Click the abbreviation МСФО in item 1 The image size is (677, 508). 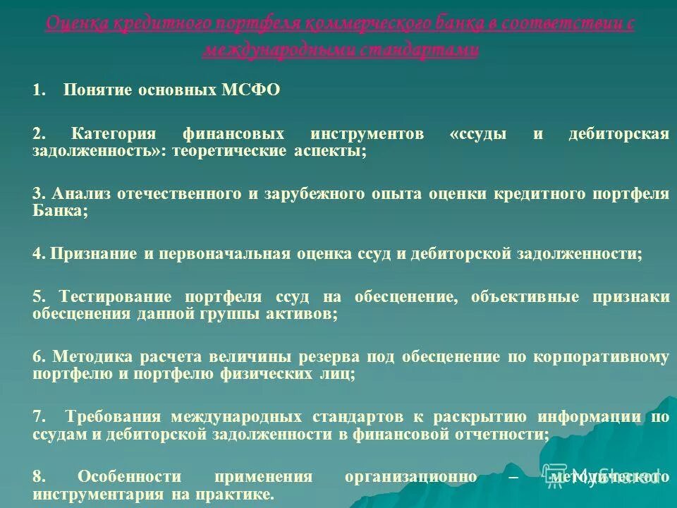pyautogui.click(x=251, y=91)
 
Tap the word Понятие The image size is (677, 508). pyautogui.click(x=97, y=91)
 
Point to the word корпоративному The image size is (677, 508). pyautogui.click(x=602, y=357)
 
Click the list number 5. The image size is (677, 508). pyautogui.click(x=37, y=297)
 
